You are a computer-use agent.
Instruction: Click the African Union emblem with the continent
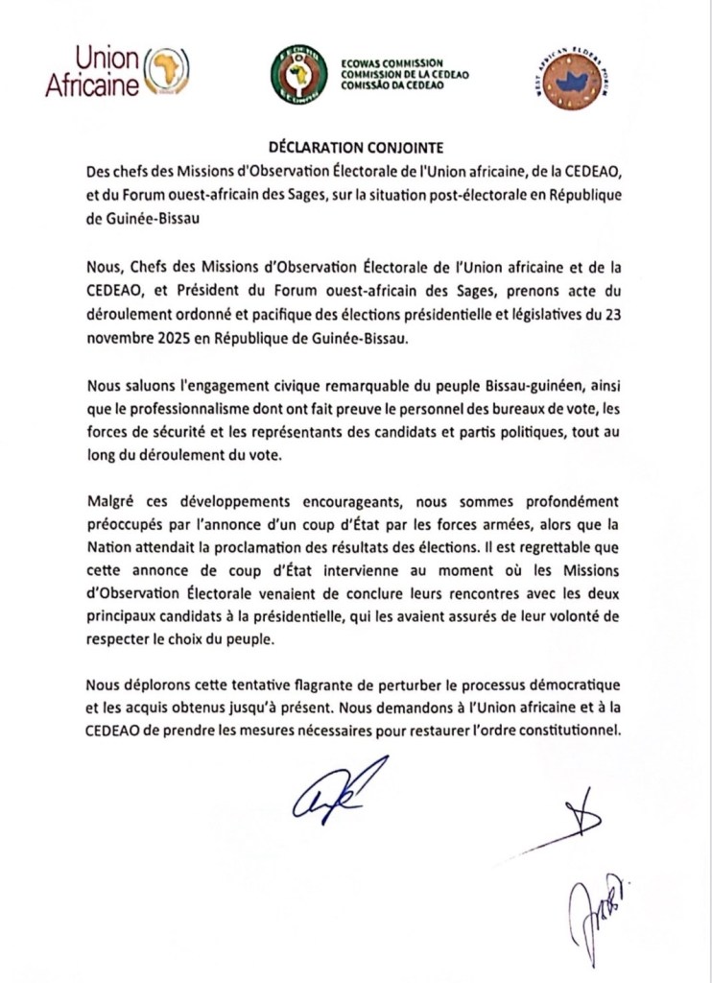pyautogui.click(x=166, y=72)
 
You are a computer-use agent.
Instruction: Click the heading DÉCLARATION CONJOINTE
pyautogui.click(x=356, y=148)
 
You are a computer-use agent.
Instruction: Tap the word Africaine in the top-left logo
pyautogui.click(x=91, y=85)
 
